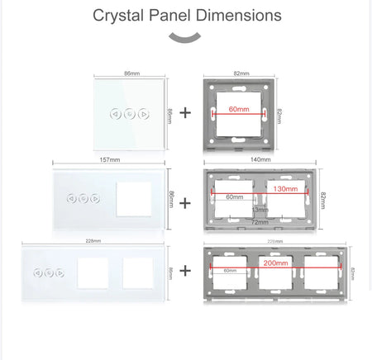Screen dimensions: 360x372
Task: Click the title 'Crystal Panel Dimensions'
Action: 186,15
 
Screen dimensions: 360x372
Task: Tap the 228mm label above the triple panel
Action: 93,241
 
